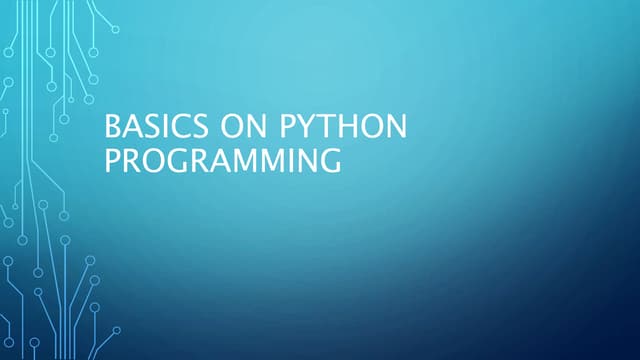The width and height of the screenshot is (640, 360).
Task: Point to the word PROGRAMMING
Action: [x=222, y=160]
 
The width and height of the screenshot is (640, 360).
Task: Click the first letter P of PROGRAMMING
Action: [x=112, y=160]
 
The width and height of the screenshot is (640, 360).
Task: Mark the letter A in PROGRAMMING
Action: [x=217, y=160]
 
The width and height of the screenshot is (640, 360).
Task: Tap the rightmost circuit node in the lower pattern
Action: [x=116, y=329]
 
